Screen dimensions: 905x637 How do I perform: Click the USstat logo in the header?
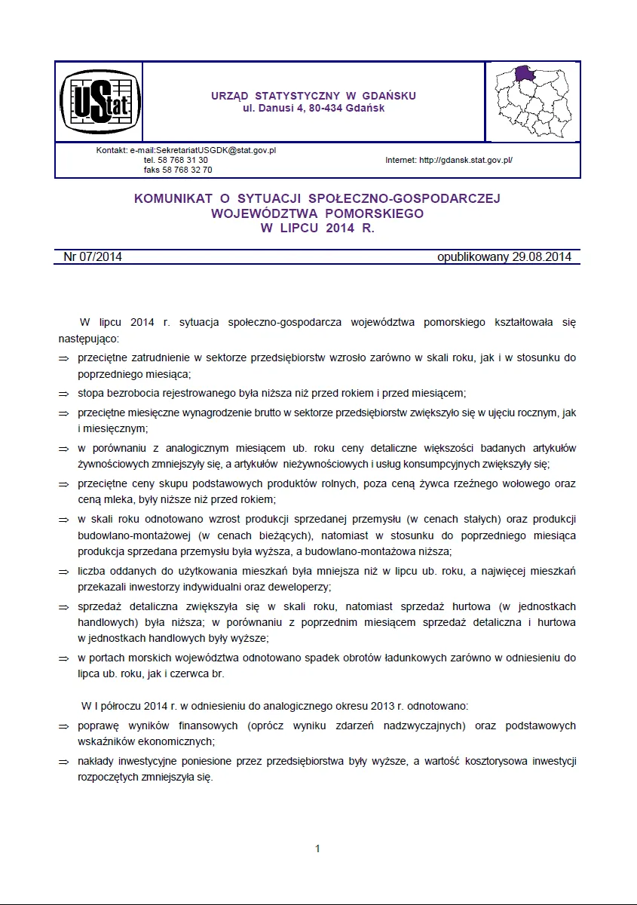click(x=98, y=102)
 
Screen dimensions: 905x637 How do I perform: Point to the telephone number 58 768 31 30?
click(x=186, y=161)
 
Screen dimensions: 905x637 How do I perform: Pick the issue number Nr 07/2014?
click(x=93, y=257)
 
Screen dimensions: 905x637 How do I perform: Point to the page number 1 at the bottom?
click(x=317, y=848)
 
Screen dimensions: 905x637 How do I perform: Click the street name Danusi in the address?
click(x=271, y=109)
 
